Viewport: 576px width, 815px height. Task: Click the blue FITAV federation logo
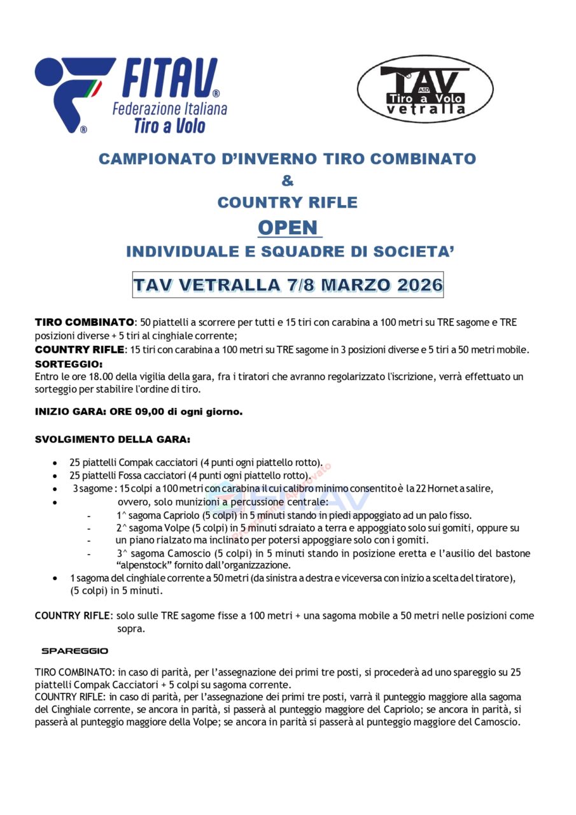[x=130, y=96]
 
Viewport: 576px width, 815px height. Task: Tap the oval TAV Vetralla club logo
[x=425, y=89]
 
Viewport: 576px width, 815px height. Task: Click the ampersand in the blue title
[x=288, y=181]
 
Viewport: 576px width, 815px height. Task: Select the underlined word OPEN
[x=288, y=227]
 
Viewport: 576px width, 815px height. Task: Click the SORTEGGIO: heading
[x=69, y=364]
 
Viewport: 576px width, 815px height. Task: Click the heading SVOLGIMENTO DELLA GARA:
[x=112, y=439]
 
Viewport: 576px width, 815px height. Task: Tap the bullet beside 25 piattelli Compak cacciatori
[x=56, y=463]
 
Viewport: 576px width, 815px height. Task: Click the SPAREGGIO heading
[x=74, y=651]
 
